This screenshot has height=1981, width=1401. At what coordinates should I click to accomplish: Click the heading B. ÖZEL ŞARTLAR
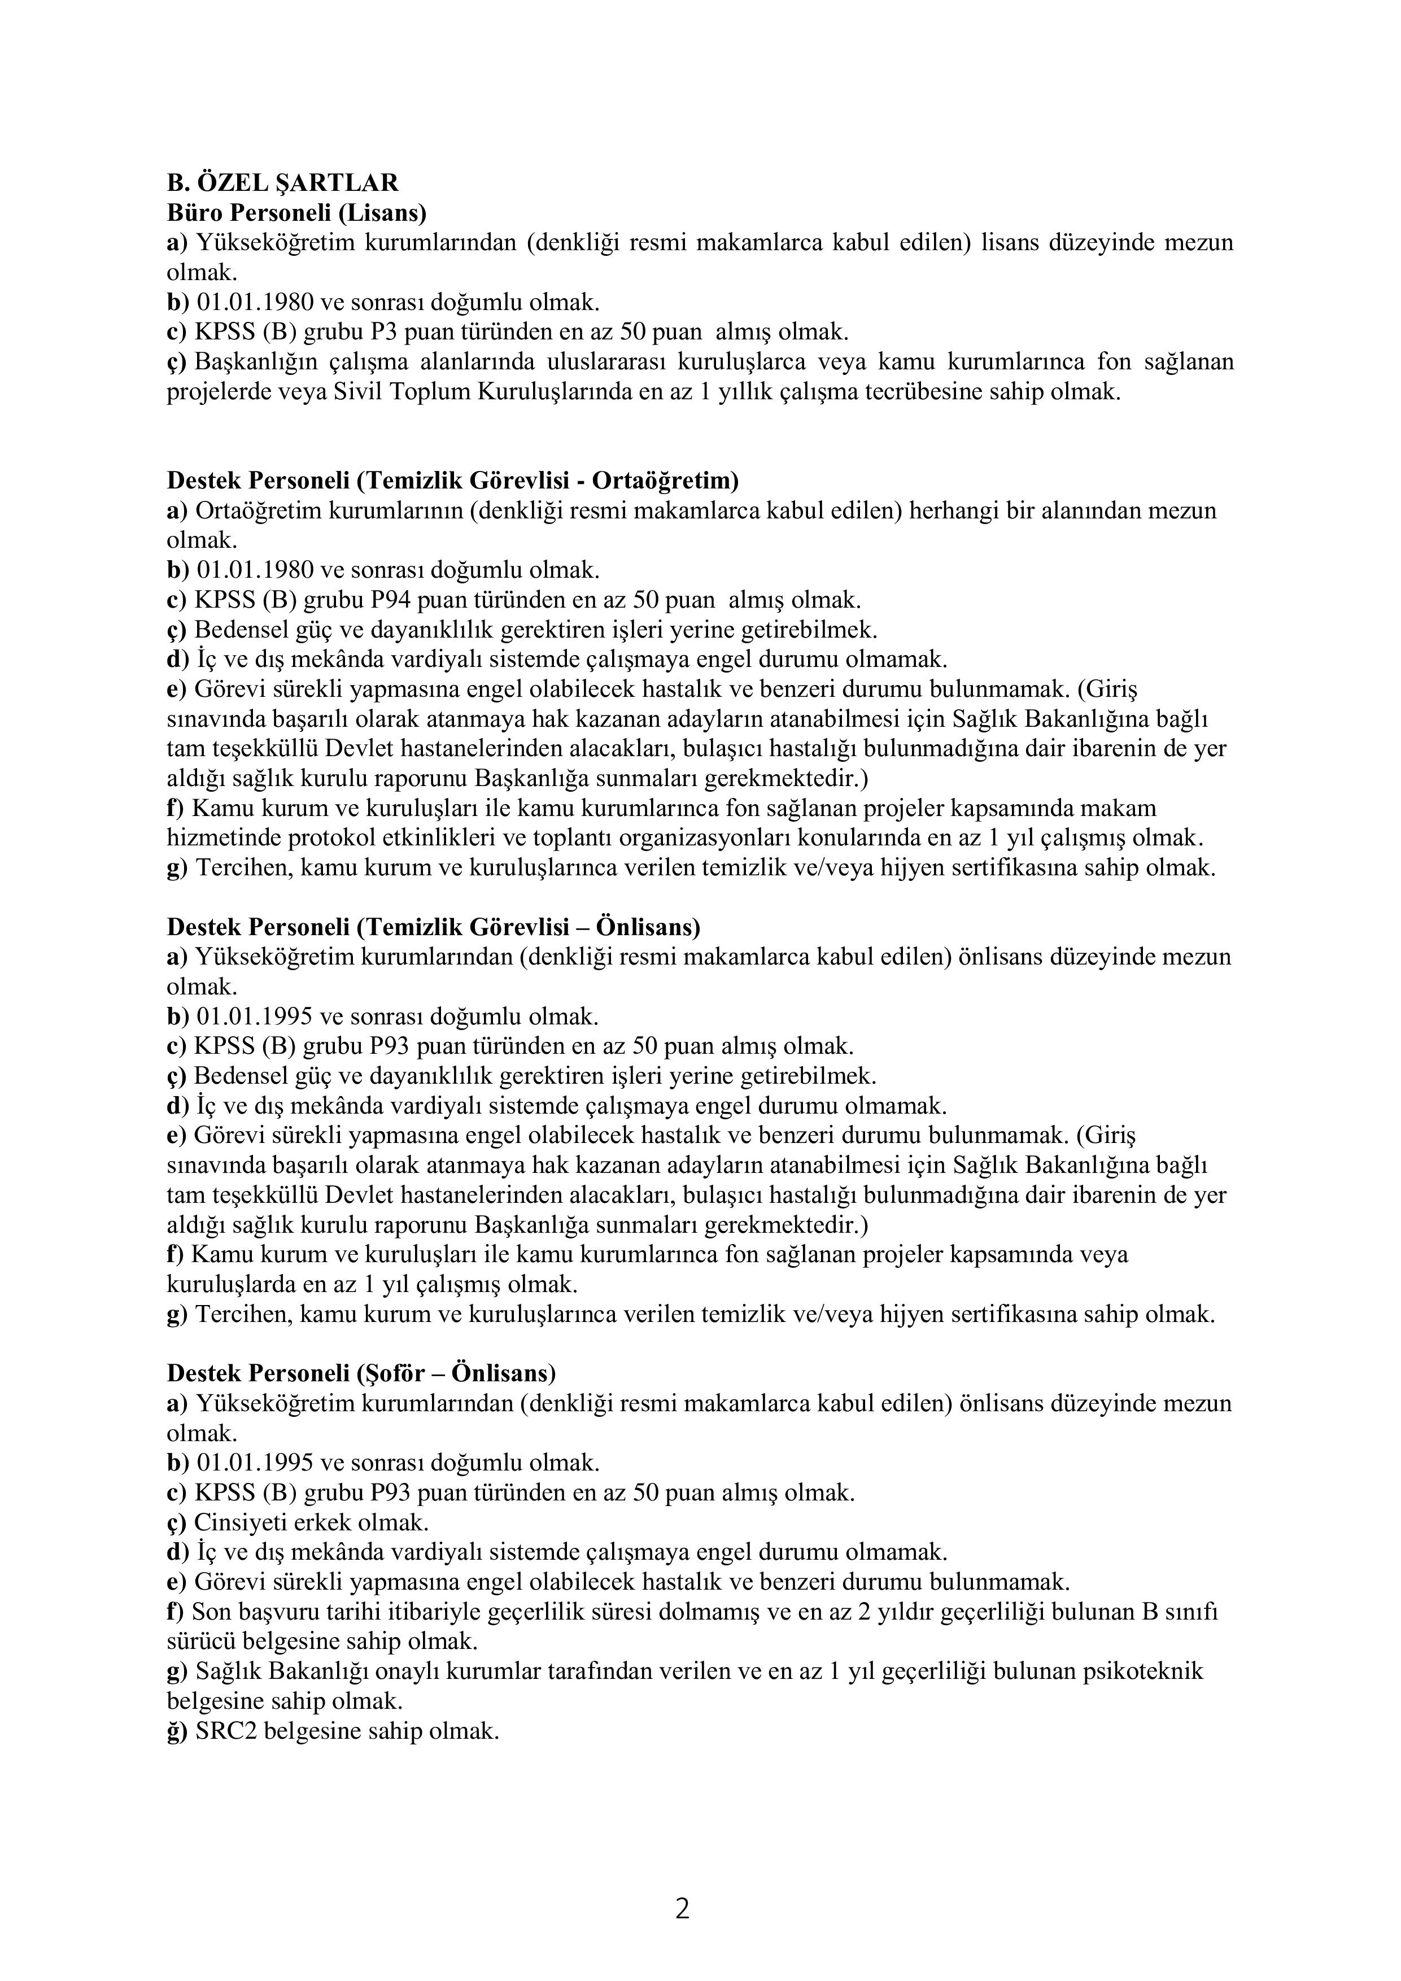(282, 183)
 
